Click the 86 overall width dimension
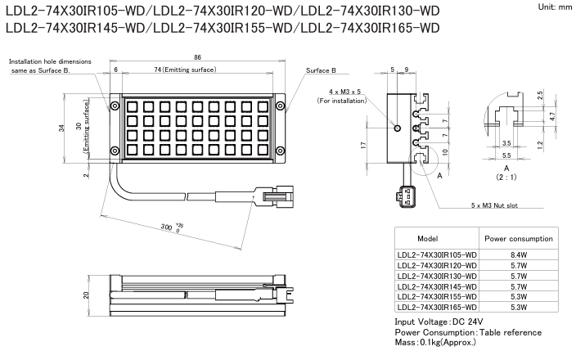pos(198,57)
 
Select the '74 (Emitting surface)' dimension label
pos(185,70)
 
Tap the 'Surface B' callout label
pos(321,70)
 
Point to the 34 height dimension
pos(61,128)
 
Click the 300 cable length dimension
pos(166,227)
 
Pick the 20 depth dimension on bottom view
pos(86,295)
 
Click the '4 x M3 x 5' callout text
pos(345,92)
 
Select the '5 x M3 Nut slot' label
pos(494,205)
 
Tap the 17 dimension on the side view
pos(363,146)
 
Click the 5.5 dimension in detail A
pos(506,155)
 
